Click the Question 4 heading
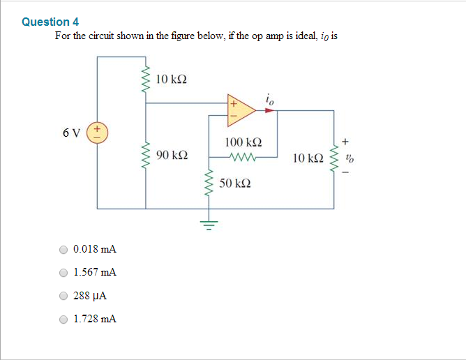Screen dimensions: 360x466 pyautogui.click(x=50, y=22)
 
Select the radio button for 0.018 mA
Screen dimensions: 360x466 pyautogui.click(x=64, y=249)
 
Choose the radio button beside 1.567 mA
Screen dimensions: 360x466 pyautogui.click(x=64, y=273)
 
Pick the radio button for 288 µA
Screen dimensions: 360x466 pyautogui.click(x=64, y=296)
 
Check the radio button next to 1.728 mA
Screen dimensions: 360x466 pyautogui.click(x=64, y=319)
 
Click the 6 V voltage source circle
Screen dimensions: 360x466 pyautogui.click(x=97, y=131)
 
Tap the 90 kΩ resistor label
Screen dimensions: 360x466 pyautogui.click(x=172, y=153)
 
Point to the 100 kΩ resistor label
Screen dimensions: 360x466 pyautogui.click(x=243, y=142)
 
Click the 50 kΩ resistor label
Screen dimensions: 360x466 pyautogui.click(x=235, y=183)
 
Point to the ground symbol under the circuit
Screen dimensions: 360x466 pyautogui.click(x=207, y=224)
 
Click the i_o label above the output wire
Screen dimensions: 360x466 pyautogui.click(x=270, y=99)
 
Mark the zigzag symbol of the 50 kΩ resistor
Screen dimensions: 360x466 pyautogui.click(x=207, y=184)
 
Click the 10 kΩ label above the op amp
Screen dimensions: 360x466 pyautogui.click(x=172, y=79)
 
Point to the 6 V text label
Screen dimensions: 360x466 pyautogui.click(x=70, y=131)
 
